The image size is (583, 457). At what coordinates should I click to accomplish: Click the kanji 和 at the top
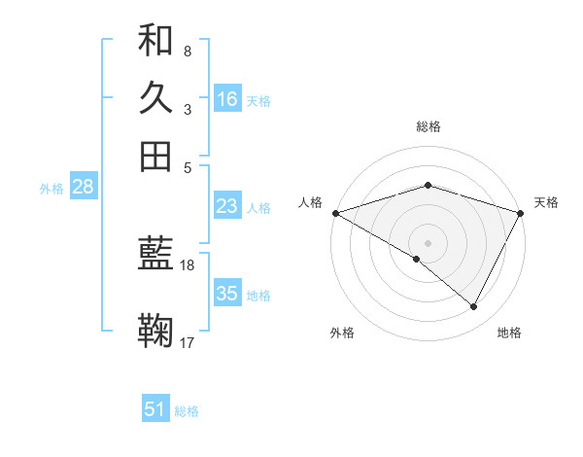coord(155,41)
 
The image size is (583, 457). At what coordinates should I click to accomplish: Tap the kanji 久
coord(155,98)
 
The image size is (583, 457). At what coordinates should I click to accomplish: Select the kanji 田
coord(155,156)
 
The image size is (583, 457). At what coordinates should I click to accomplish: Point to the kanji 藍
coord(155,255)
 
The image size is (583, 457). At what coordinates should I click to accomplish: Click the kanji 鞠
coord(155,332)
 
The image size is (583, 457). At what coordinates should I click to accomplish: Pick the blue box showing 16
coord(227,99)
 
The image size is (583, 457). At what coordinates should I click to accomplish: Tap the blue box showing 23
coord(227,206)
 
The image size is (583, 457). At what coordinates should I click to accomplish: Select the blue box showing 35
coord(227,294)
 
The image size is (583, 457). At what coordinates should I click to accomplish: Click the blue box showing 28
coord(83,188)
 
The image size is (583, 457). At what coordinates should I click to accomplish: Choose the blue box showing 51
coord(155,409)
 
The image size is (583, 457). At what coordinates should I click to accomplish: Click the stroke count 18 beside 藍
coord(188,264)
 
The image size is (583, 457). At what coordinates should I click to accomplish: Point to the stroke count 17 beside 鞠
coord(188,342)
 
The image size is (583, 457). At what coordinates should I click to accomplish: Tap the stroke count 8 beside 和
coord(187,51)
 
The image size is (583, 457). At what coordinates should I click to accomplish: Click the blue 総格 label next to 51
coord(187,411)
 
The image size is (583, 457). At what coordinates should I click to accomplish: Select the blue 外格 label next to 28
coord(51,189)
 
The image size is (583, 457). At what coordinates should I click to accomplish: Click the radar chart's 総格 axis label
coord(429,126)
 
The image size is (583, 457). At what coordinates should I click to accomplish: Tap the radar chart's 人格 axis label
coord(311,202)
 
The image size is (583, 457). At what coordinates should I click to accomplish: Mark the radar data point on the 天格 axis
coord(521,213)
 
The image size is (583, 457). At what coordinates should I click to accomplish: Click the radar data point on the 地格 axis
coord(474,306)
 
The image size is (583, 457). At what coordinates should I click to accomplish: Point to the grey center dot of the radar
coord(428,242)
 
